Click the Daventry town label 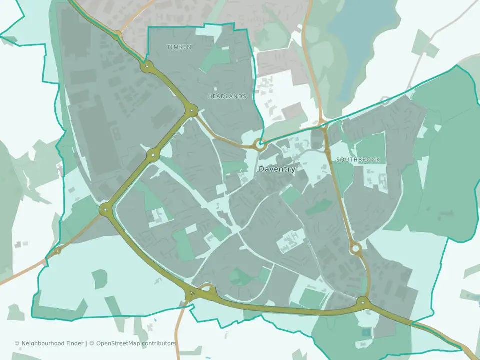point(277,169)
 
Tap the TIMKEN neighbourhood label point(179,47)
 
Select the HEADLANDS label point(227,96)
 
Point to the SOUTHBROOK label point(358,160)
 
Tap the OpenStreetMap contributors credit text point(136,343)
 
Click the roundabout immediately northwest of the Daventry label point(259,145)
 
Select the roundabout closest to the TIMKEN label point(147,66)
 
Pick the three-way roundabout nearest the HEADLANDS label point(192,111)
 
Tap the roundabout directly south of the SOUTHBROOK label point(355,247)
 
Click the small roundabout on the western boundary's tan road point(58,250)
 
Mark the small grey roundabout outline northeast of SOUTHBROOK point(385,100)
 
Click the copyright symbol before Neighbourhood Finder point(17,343)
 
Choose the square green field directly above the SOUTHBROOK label point(370,145)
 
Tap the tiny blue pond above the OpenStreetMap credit point(155,320)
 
